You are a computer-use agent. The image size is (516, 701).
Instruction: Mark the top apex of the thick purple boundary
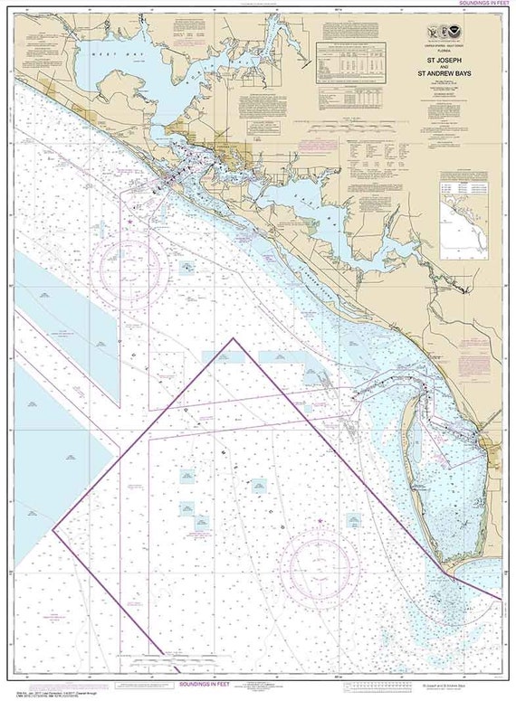(x=234, y=339)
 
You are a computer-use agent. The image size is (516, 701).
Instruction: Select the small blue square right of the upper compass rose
(x=187, y=266)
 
